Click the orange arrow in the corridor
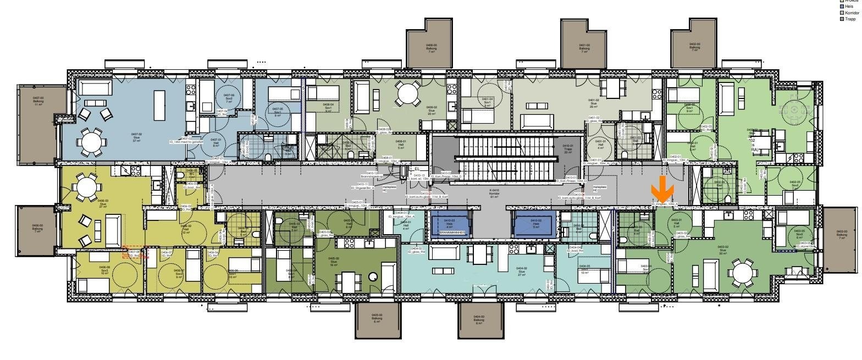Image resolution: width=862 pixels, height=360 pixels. coord(662,190)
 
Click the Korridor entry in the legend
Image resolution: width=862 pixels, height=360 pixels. coord(852,13)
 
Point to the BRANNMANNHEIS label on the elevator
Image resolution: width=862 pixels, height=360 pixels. coord(452,232)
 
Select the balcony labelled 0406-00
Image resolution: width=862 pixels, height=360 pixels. coord(37,231)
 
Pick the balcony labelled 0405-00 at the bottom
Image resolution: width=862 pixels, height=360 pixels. coord(377,319)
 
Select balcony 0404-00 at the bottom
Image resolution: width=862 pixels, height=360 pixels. coord(479,319)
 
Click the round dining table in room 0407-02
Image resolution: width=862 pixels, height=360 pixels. coord(91,142)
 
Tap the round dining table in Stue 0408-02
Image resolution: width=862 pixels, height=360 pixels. coord(408,94)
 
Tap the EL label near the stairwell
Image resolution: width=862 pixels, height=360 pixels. coord(417,169)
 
